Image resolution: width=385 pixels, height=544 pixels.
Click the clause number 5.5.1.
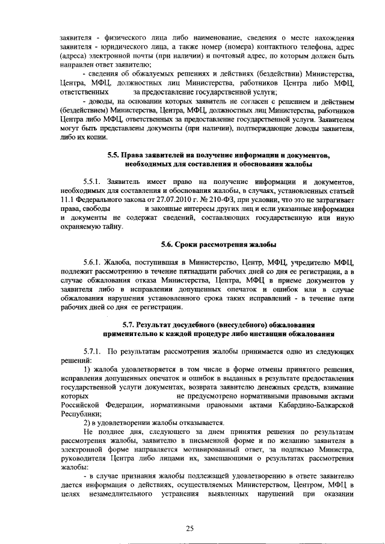click(x=92, y=181)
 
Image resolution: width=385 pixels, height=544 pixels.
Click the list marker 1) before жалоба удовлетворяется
click(x=87, y=368)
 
